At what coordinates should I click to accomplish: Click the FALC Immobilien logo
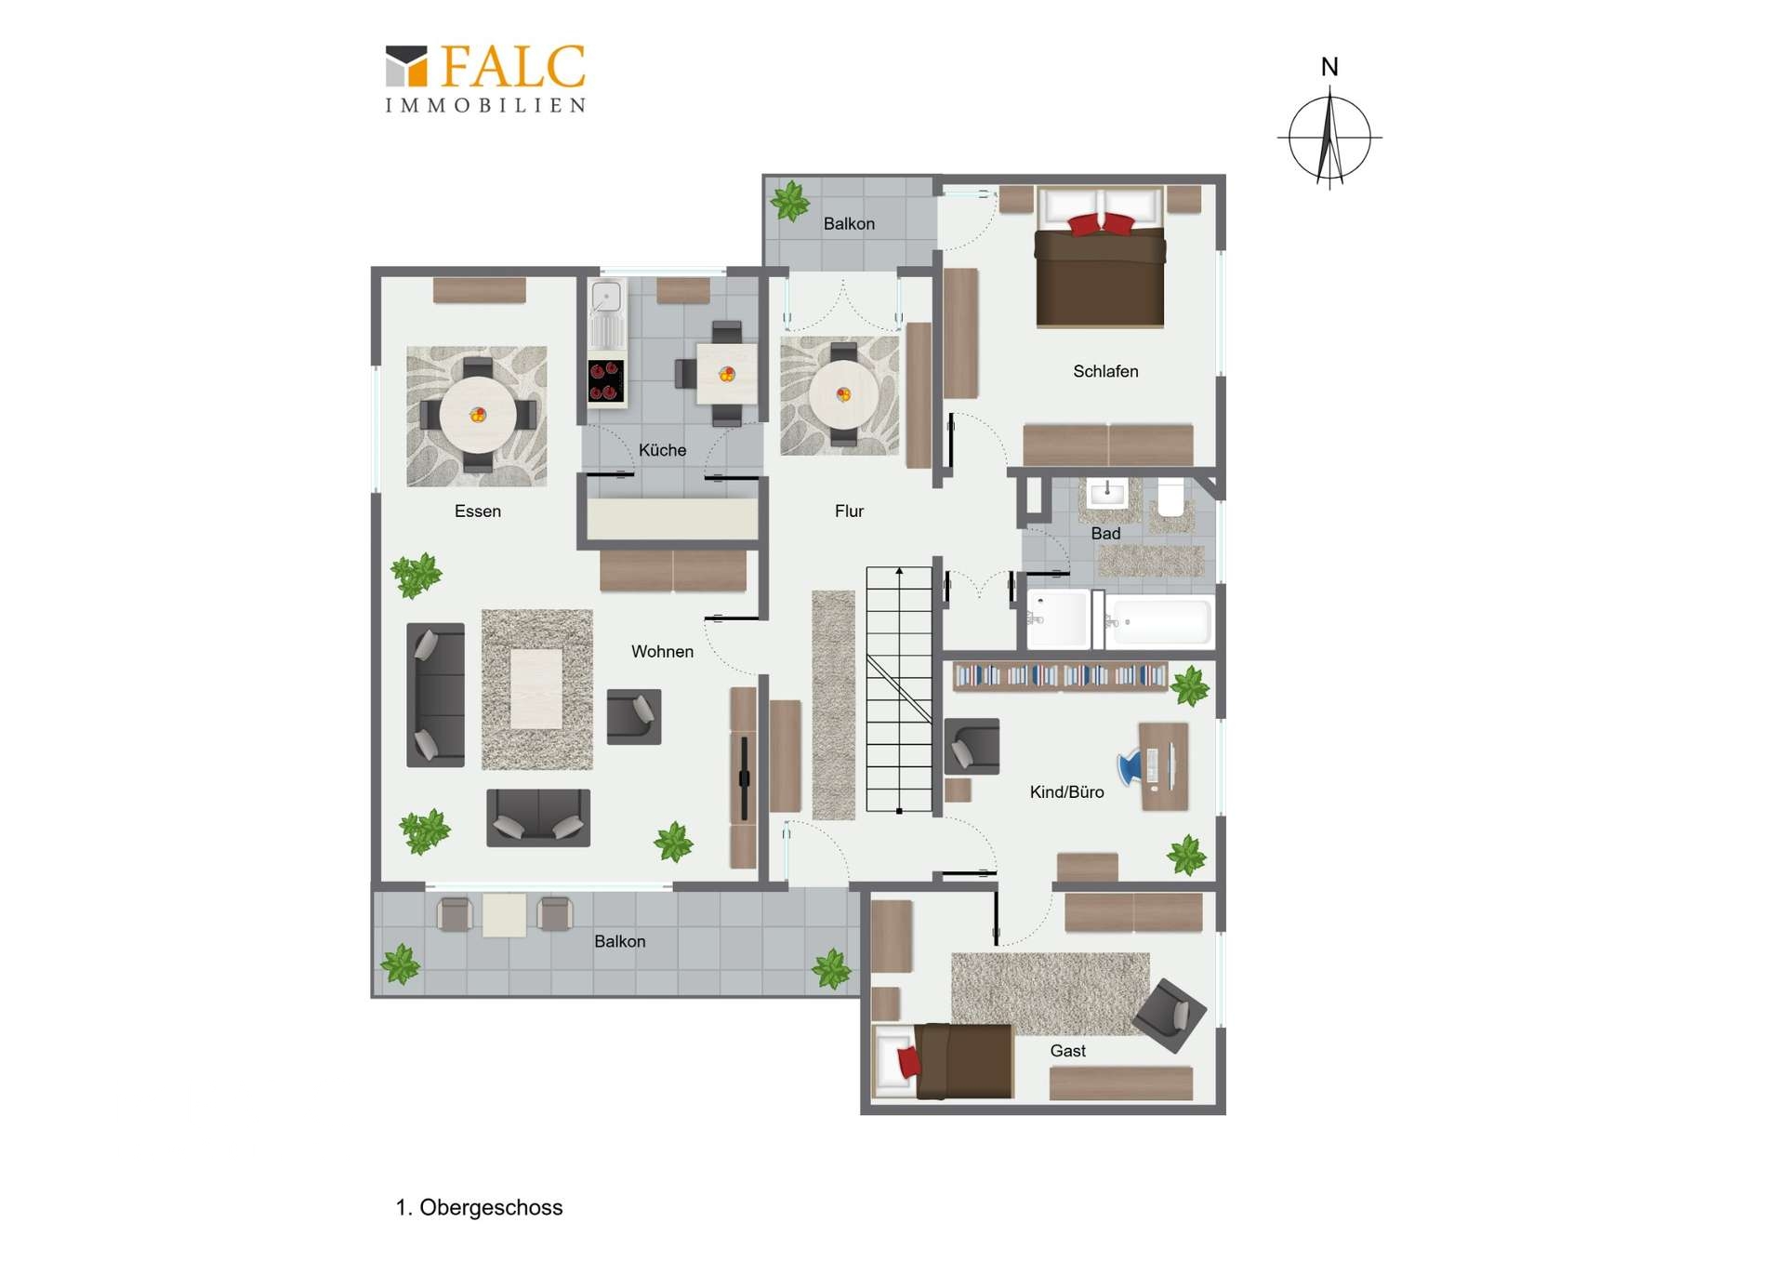[x=485, y=79]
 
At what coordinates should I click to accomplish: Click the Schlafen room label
[x=1105, y=371]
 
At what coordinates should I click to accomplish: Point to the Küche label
[x=662, y=450]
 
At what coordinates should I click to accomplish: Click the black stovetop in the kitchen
[x=606, y=381]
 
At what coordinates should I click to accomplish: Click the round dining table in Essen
[x=478, y=415]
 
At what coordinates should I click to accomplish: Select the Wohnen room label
[x=662, y=652]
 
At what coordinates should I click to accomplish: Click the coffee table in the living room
[x=536, y=688]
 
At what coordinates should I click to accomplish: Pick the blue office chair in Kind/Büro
[x=1130, y=766]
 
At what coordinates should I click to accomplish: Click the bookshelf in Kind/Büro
[x=1061, y=676]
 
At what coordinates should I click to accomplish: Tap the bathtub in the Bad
[x=1158, y=620]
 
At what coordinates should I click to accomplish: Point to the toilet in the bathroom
[x=1171, y=498]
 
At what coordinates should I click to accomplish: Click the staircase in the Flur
[x=899, y=689]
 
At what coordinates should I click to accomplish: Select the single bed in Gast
[x=944, y=1061]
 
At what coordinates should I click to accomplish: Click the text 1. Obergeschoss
[x=479, y=1207]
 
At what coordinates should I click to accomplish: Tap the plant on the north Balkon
[x=789, y=201]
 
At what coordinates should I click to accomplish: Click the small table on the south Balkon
[x=504, y=915]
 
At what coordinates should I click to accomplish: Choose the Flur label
[x=849, y=511]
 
